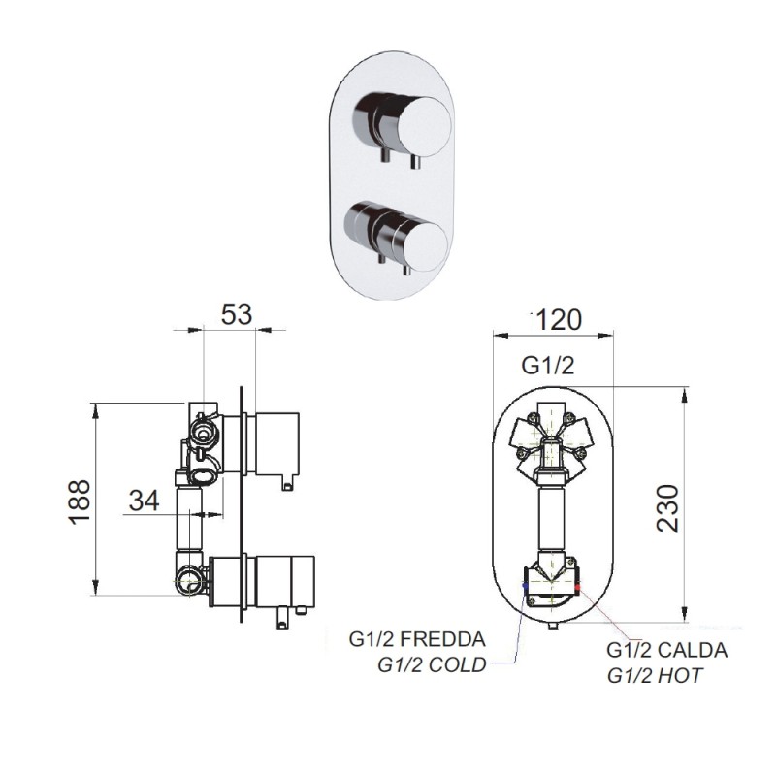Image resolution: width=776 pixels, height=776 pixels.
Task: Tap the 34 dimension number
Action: tap(144, 501)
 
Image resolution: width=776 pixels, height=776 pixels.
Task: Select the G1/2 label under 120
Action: tap(549, 366)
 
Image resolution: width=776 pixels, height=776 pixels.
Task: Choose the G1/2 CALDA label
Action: tap(667, 651)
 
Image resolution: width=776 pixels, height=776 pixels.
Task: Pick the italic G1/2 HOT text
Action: tap(655, 674)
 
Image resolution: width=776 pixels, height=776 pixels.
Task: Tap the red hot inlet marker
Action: tap(579, 585)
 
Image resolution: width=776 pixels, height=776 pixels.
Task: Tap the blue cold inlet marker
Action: tap(525, 585)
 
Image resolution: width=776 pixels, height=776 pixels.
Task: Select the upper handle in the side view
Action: tap(276, 444)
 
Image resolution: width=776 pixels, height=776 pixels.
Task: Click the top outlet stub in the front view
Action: tap(552, 405)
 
